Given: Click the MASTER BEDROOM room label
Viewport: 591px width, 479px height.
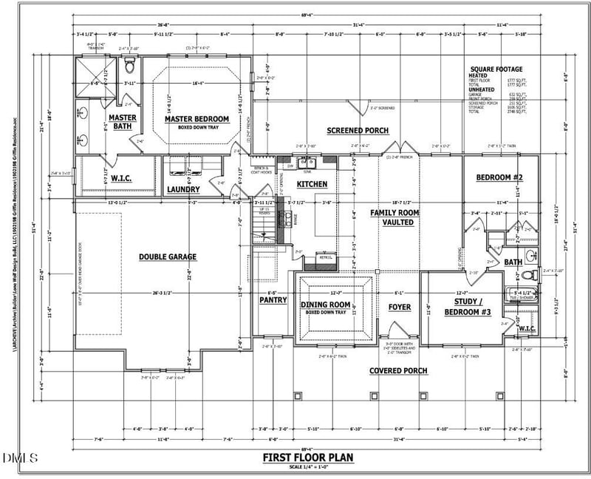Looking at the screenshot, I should click(x=197, y=118).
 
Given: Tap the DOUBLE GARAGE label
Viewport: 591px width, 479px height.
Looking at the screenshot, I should click(x=168, y=257).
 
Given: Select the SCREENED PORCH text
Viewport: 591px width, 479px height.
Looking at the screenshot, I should click(x=358, y=130).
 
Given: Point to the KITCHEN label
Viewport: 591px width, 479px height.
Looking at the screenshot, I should click(x=312, y=183).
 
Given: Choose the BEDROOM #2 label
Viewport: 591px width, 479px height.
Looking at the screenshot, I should click(x=499, y=177).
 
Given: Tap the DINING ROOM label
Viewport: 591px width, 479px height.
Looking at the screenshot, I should click(x=325, y=305).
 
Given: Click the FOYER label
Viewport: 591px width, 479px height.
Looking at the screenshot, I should click(x=400, y=307).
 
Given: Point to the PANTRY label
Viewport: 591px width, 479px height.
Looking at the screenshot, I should click(x=273, y=300).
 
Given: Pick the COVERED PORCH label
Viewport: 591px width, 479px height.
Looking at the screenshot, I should click(x=398, y=370).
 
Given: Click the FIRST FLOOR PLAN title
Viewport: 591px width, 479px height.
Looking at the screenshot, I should click(x=308, y=458).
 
